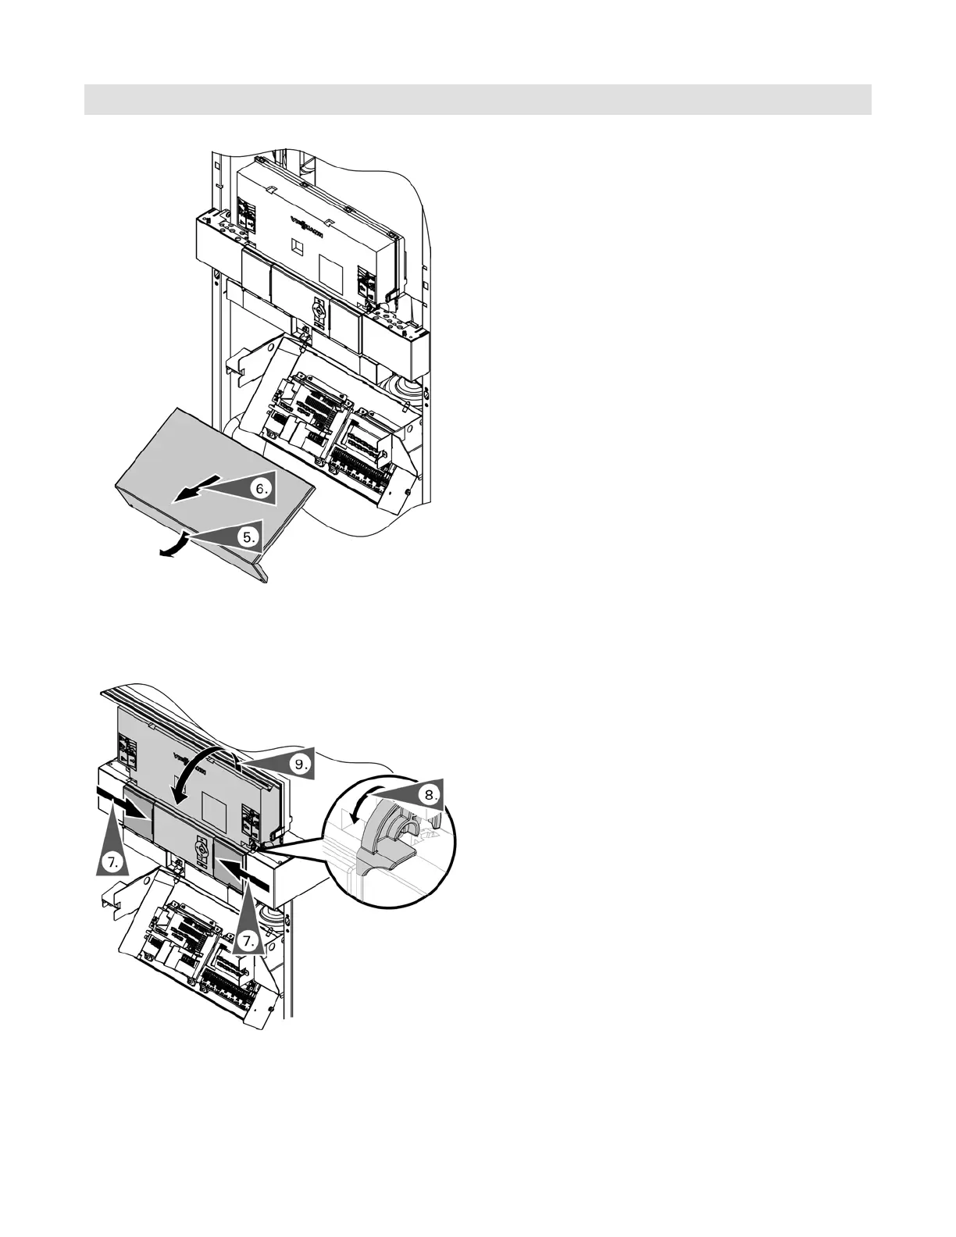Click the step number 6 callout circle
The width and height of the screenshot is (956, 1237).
[x=263, y=490]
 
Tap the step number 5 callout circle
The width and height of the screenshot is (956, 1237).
[x=248, y=537]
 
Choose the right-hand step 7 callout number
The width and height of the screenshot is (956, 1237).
[x=248, y=941]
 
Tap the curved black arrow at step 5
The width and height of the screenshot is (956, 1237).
[x=173, y=544]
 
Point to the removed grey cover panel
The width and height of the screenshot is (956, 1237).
[x=211, y=469]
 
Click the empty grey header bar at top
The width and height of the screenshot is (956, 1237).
[x=477, y=99]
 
